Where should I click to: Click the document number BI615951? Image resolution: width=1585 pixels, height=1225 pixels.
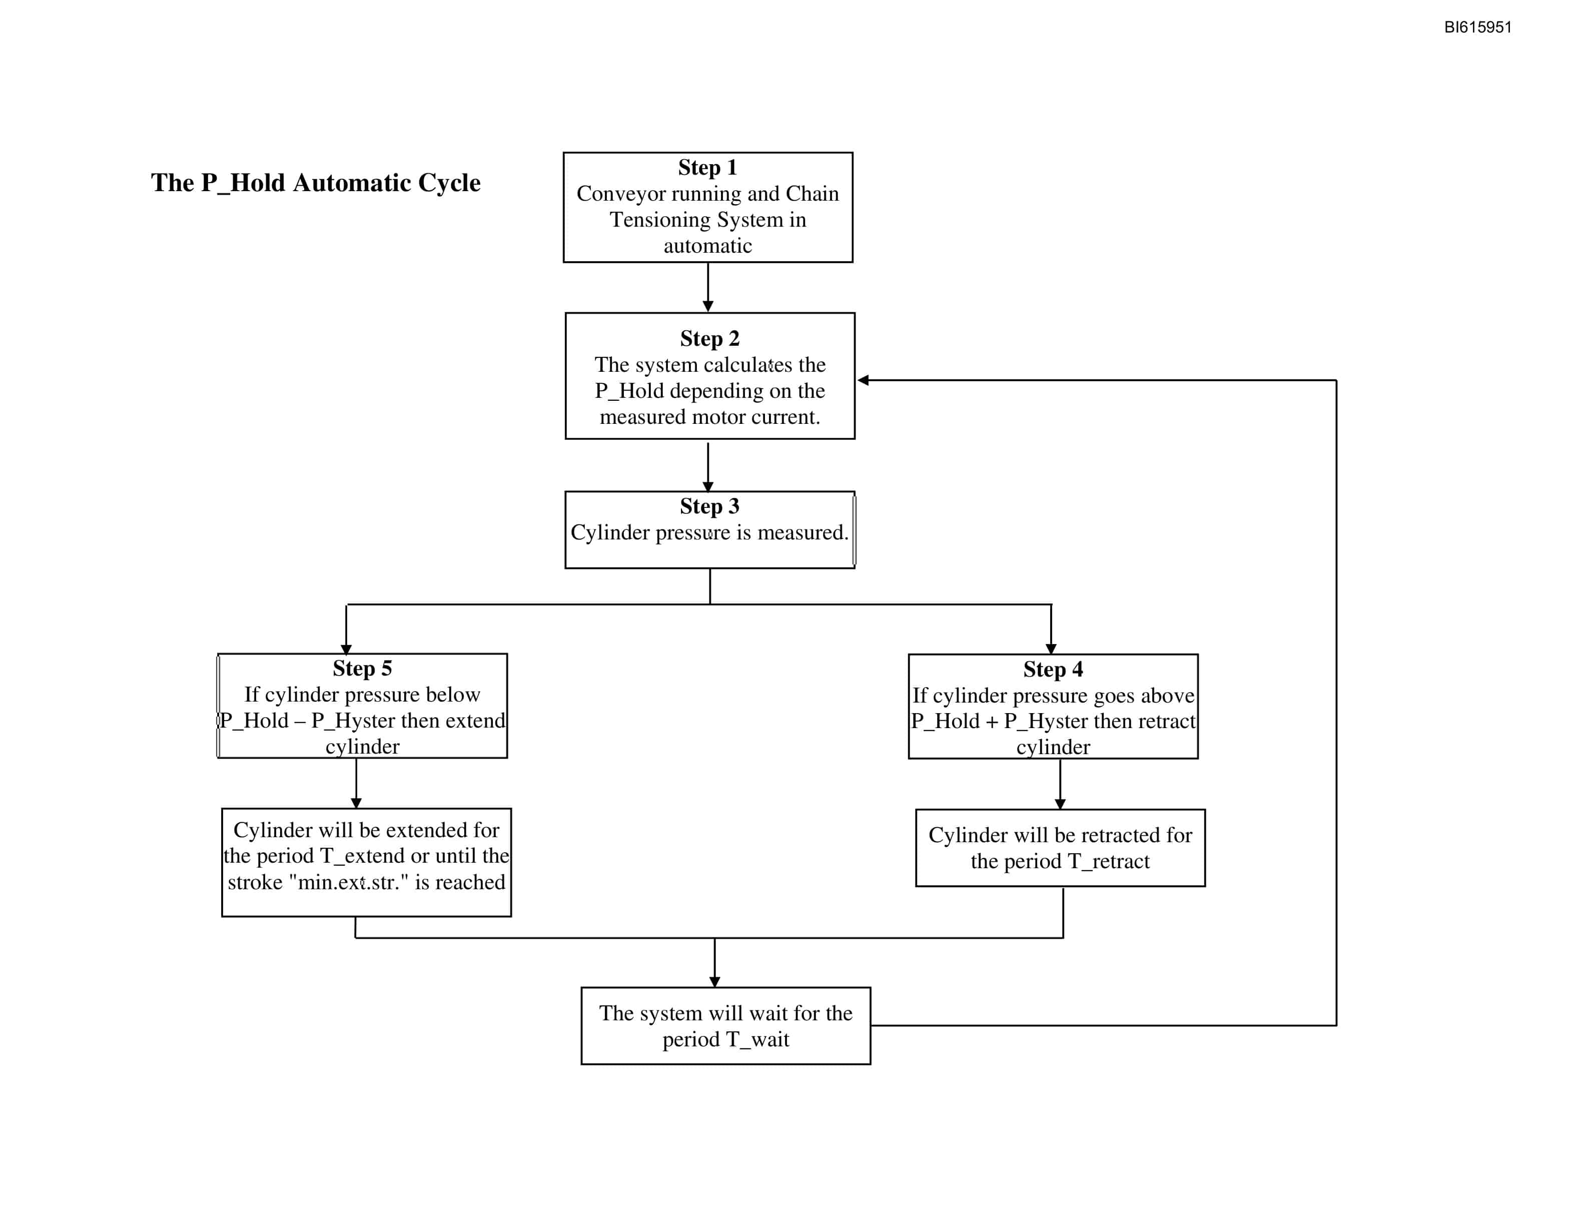click(1477, 27)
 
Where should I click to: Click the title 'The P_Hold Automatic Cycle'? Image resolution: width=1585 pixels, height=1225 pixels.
click(316, 183)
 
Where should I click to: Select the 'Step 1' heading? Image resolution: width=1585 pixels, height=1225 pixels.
click(707, 167)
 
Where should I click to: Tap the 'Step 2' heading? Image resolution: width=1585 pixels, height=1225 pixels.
click(710, 338)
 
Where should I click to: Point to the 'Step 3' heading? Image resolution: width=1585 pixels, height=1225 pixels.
click(710, 506)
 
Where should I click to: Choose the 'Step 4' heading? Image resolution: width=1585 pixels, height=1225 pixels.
click(1053, 669)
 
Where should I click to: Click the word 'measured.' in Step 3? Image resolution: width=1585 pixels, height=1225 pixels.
click(803, 532)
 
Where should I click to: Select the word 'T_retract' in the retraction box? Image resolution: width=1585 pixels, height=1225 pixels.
click(1108, 861)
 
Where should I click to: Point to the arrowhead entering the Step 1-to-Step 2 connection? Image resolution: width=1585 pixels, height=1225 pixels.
click(707, 307)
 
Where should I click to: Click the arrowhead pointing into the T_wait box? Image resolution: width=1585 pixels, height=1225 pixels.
click(715, 982)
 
